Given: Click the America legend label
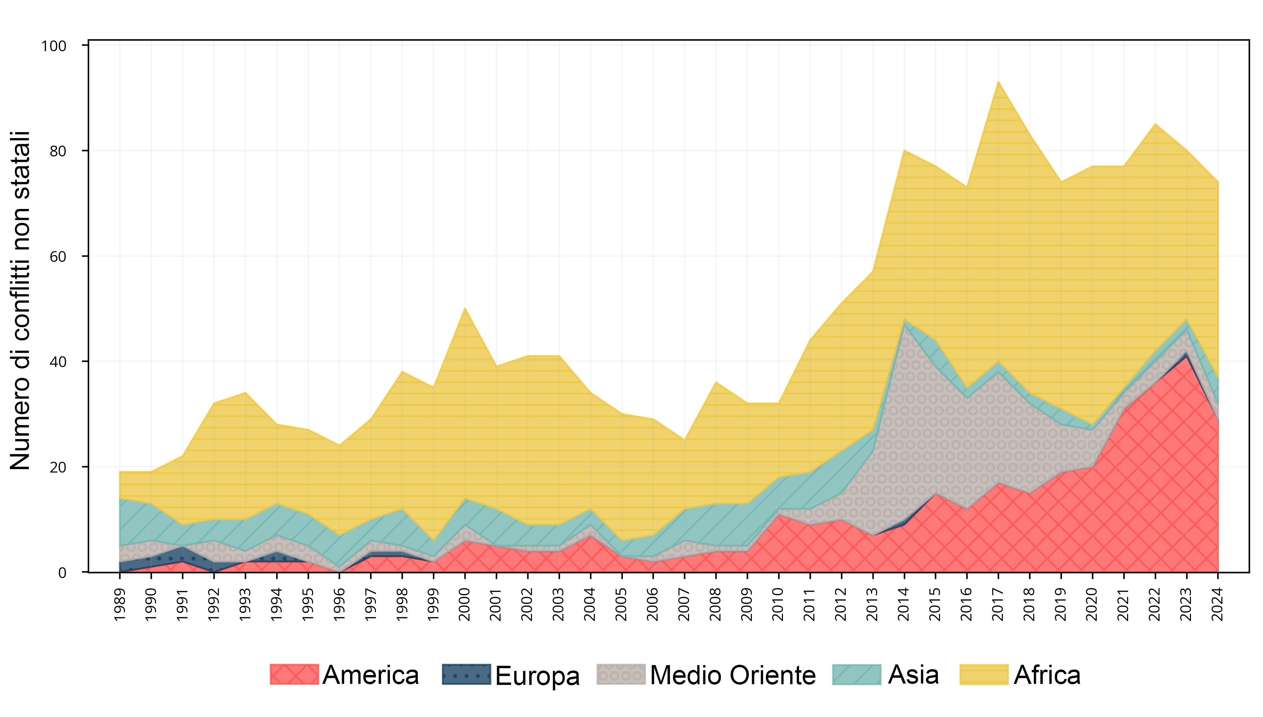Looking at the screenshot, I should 370,675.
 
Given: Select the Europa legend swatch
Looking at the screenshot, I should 466,675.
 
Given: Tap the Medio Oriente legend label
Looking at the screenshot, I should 733,675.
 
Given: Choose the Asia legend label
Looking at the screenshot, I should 913,675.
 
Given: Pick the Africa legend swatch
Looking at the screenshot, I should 984,675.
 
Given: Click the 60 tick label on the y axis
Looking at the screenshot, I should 58,256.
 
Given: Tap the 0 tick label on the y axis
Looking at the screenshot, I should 62,573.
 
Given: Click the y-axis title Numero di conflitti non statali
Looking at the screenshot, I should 21,300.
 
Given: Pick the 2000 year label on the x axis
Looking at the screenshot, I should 465,604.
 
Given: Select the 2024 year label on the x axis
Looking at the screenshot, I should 1218,604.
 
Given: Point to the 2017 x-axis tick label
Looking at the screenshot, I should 998,604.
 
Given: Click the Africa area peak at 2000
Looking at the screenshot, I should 465,308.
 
